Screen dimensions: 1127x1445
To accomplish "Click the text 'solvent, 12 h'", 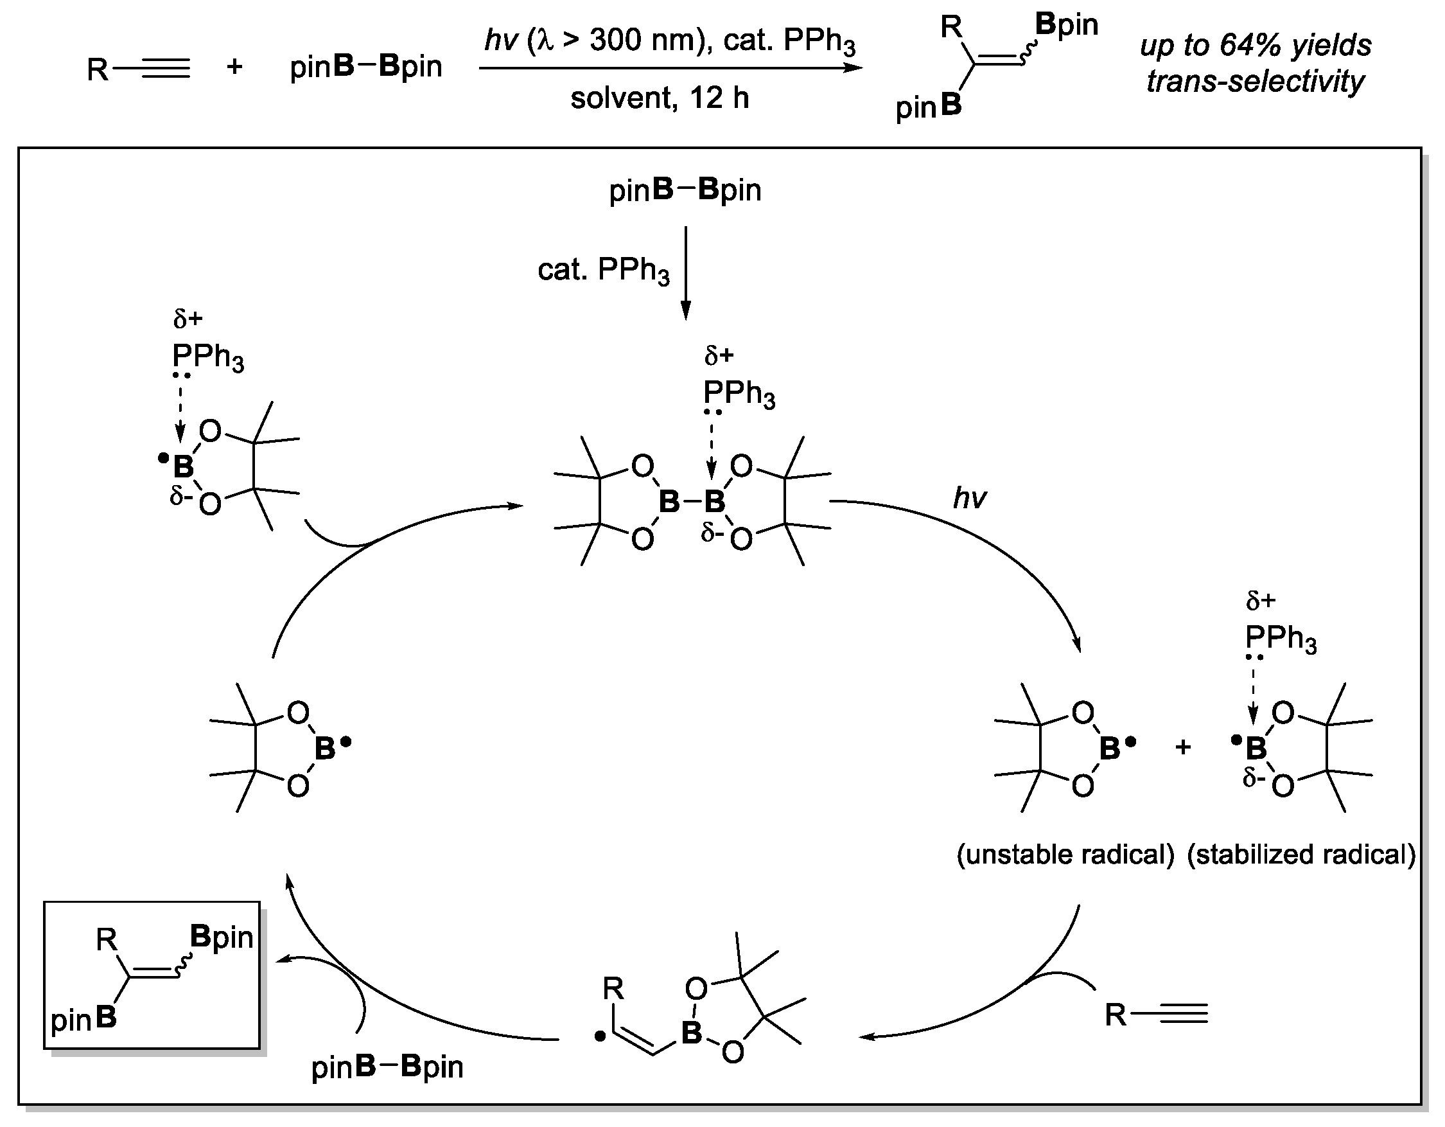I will [659, 98].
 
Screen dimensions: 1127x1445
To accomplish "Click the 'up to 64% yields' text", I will [1255, 46].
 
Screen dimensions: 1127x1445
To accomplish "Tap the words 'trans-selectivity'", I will [1255, 82].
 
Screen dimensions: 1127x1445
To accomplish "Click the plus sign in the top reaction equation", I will [234, 67].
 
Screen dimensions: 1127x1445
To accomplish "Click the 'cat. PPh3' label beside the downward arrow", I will [603, 270].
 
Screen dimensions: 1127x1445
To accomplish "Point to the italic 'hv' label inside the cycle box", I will [969, 498].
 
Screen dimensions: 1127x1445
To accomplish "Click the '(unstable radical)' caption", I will [1065, 855].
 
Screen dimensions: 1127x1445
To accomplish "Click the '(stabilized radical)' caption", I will [1300, 855].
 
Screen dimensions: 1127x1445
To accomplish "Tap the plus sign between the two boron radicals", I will [1183, 747].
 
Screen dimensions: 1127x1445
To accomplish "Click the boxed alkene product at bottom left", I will [152, 975].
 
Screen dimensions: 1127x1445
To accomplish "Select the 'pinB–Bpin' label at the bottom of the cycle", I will [387, 1067].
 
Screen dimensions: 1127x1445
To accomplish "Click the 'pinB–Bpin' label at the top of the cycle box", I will [685, 191].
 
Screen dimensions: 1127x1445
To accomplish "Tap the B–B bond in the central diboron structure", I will [692, 502].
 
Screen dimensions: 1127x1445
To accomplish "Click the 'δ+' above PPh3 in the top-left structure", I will [188, 319].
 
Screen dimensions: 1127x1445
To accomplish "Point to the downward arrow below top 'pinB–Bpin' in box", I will [685, 272].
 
